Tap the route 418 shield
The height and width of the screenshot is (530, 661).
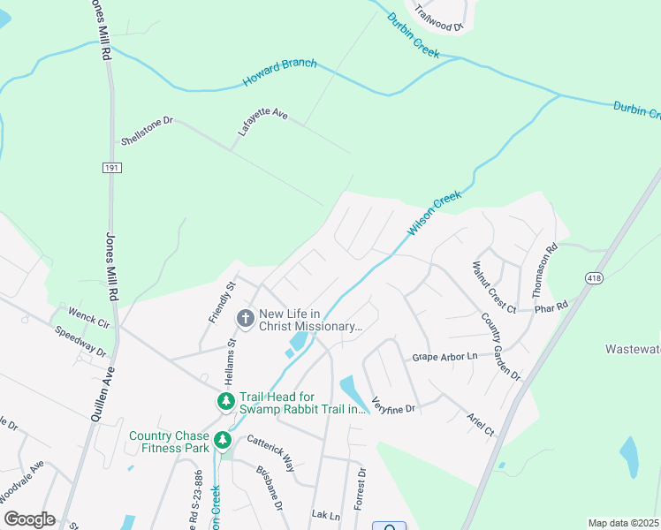tap(591, 277)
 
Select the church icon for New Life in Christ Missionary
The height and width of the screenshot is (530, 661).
tap(245, 316)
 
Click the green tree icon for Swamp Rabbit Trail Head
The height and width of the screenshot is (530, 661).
tap(226, 402)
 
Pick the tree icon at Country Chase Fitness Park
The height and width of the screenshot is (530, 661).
tap(224, 439)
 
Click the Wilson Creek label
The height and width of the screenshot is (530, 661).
tap(435, 213)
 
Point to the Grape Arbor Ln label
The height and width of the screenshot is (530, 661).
tap(444, 357)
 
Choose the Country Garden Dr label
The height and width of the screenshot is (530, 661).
tap(501, 346)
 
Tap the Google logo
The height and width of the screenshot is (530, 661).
tap(29, 519)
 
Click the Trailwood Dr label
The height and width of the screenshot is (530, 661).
tap(439, 18)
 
